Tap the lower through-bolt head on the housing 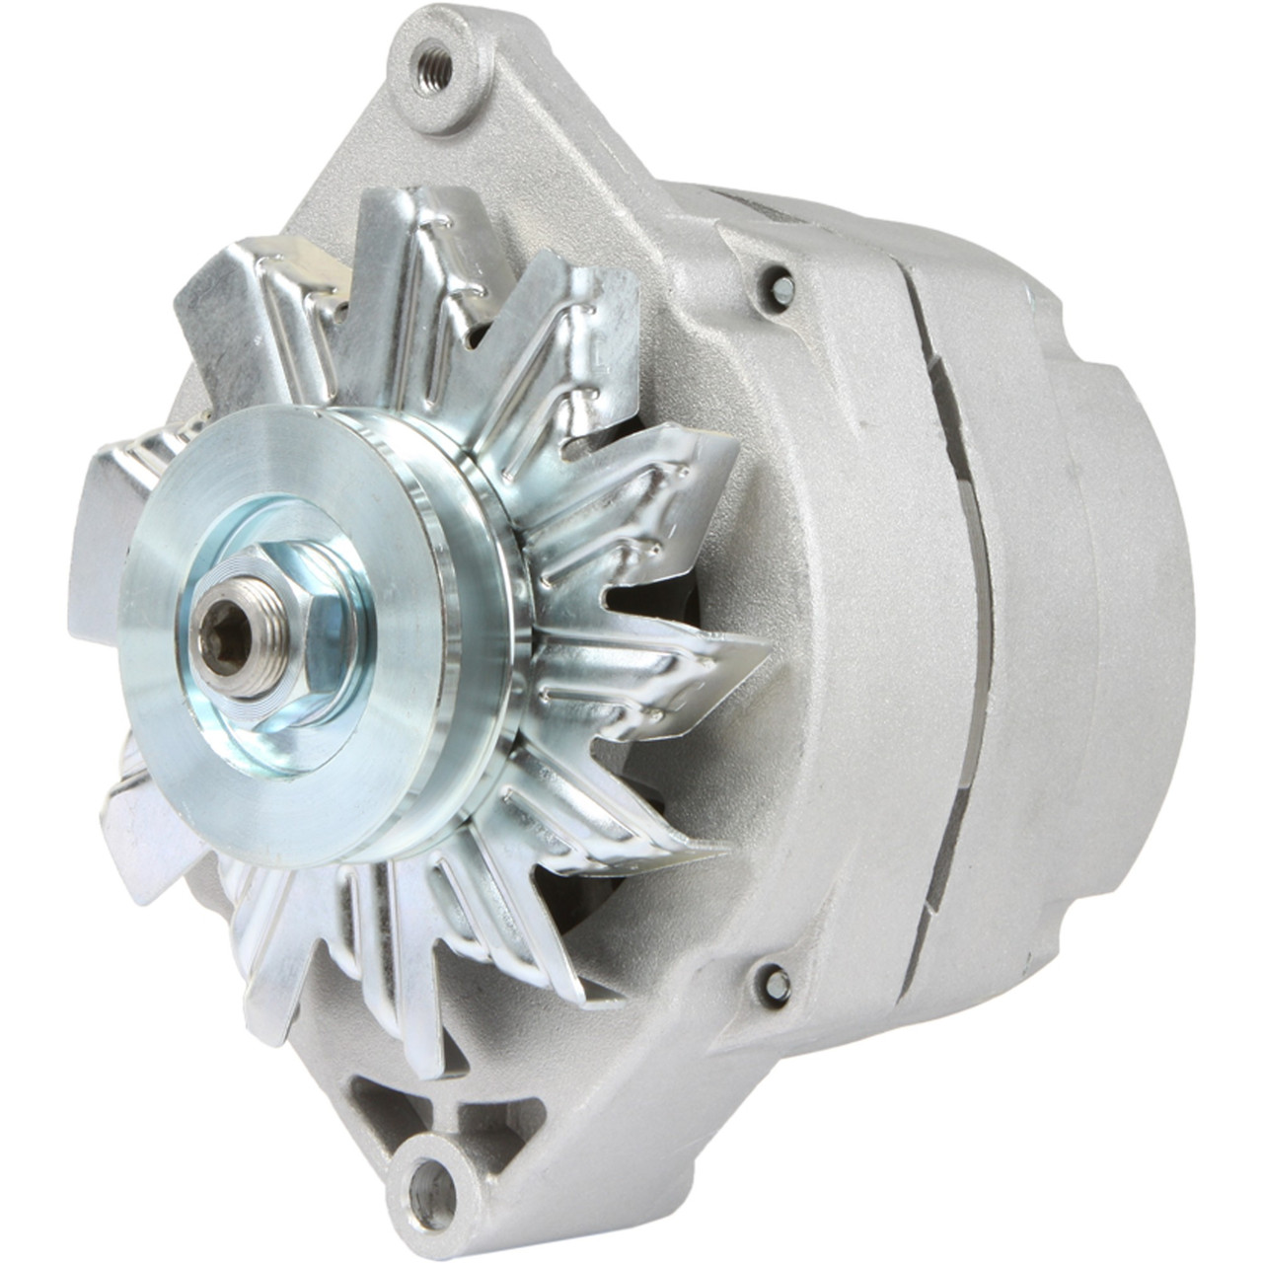[x=778, y=982]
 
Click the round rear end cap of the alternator [x=1135, y=612]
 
